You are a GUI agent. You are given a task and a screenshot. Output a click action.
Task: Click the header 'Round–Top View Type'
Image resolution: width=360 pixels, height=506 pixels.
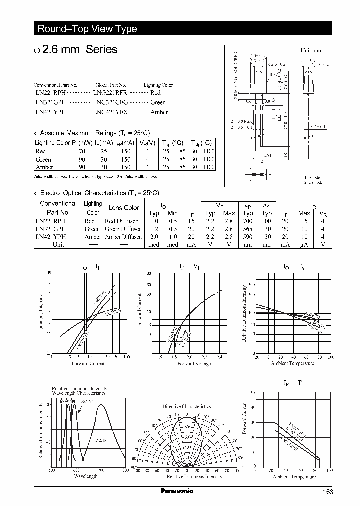tap(87, 29)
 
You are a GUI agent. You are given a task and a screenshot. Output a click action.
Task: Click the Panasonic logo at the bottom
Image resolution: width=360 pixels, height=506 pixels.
tap(176, 491)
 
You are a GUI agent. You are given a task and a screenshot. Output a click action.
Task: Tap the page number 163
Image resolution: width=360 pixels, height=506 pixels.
tap(328, 492)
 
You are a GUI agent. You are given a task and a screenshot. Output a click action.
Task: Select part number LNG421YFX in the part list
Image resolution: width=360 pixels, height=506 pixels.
tap(110, 112)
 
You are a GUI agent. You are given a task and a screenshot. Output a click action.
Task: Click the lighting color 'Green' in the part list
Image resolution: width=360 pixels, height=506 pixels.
tap(158, 102)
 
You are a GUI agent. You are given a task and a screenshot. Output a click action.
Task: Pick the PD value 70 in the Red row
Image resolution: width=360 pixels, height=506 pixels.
tap(82, 151)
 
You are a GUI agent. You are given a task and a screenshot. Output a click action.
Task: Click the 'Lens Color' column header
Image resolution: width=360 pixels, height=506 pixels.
tap(124, 208)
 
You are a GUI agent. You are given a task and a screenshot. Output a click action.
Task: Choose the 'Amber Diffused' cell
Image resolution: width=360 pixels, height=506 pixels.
tap(123, 237)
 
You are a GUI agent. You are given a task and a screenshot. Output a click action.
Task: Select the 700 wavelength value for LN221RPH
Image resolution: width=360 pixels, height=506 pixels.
tap(248, 221)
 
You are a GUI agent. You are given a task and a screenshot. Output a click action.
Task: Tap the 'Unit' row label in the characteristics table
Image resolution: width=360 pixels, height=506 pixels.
tap(58, 245)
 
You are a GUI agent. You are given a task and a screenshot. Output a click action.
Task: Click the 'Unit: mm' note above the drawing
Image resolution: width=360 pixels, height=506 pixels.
tap(311, 51)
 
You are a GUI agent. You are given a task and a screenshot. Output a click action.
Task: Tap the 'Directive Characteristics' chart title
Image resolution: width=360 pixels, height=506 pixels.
tap(187, 406)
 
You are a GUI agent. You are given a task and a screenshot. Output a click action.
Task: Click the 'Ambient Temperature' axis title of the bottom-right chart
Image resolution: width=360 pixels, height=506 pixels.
tap(294, 477)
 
